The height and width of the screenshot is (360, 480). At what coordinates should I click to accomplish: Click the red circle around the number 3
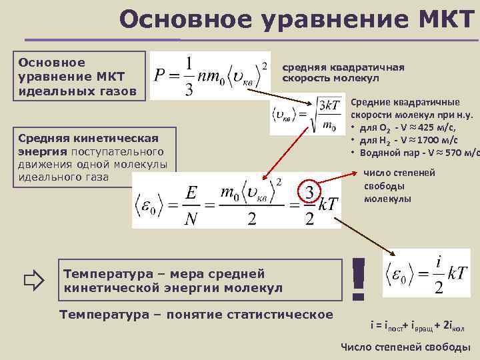click(x=309, y=193)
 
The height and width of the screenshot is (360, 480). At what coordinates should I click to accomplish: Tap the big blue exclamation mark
click(x=359, y=279)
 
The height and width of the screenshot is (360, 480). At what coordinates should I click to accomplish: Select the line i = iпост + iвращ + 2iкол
click(x=417, y=326)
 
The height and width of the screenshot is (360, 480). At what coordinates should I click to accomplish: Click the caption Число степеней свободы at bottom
click(x=405, y=347)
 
